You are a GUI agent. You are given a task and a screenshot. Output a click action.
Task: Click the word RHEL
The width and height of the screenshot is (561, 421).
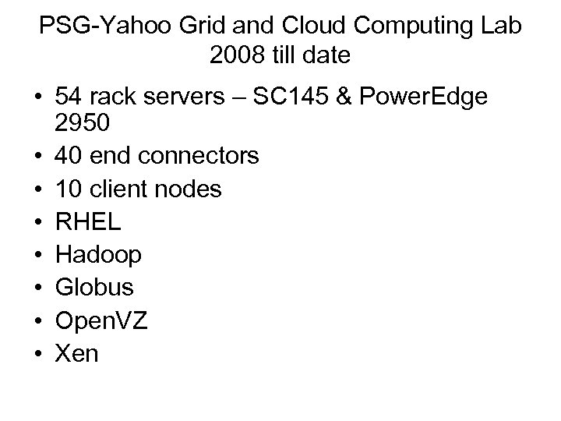(x=88, y=221)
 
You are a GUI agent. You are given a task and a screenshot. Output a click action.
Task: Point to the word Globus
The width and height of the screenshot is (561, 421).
(x=95, y=288)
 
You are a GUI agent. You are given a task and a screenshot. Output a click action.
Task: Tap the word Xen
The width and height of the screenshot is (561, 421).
(x=77, y=353)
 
